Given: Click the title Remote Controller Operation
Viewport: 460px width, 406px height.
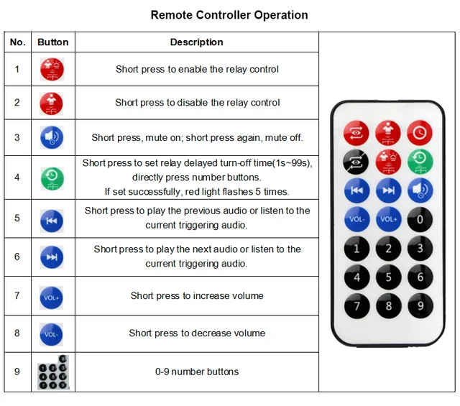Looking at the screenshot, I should point(229,15).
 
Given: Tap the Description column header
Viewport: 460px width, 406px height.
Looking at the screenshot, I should point(196,42).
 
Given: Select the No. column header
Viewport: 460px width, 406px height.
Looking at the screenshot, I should point(17,42).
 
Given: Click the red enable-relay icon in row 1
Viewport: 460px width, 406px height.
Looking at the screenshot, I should point(52,70).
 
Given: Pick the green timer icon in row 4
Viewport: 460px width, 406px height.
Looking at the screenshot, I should point(52,177).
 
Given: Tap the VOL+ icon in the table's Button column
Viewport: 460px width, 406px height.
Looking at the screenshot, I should point(52,296).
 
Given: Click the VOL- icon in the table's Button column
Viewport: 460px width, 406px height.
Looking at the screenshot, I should point(52,333).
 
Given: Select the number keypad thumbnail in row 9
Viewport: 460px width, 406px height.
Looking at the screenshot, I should point(52,372).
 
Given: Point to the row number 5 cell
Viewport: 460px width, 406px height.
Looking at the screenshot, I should point(17,218).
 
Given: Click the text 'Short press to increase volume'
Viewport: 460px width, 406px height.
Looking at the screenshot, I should point(197,296).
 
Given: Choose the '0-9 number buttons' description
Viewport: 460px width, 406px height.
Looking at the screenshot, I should point(197,372).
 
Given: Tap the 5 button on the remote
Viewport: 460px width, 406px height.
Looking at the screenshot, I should point(388,277).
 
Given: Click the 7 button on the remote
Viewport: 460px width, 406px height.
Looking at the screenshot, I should point(356,305).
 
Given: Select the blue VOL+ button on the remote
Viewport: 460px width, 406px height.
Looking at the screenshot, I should point(388,218).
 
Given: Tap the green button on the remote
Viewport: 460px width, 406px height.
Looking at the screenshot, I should point(420,161).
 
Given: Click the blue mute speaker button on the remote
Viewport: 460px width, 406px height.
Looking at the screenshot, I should point(420,190).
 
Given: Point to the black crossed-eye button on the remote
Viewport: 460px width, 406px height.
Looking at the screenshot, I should point(356,161).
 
